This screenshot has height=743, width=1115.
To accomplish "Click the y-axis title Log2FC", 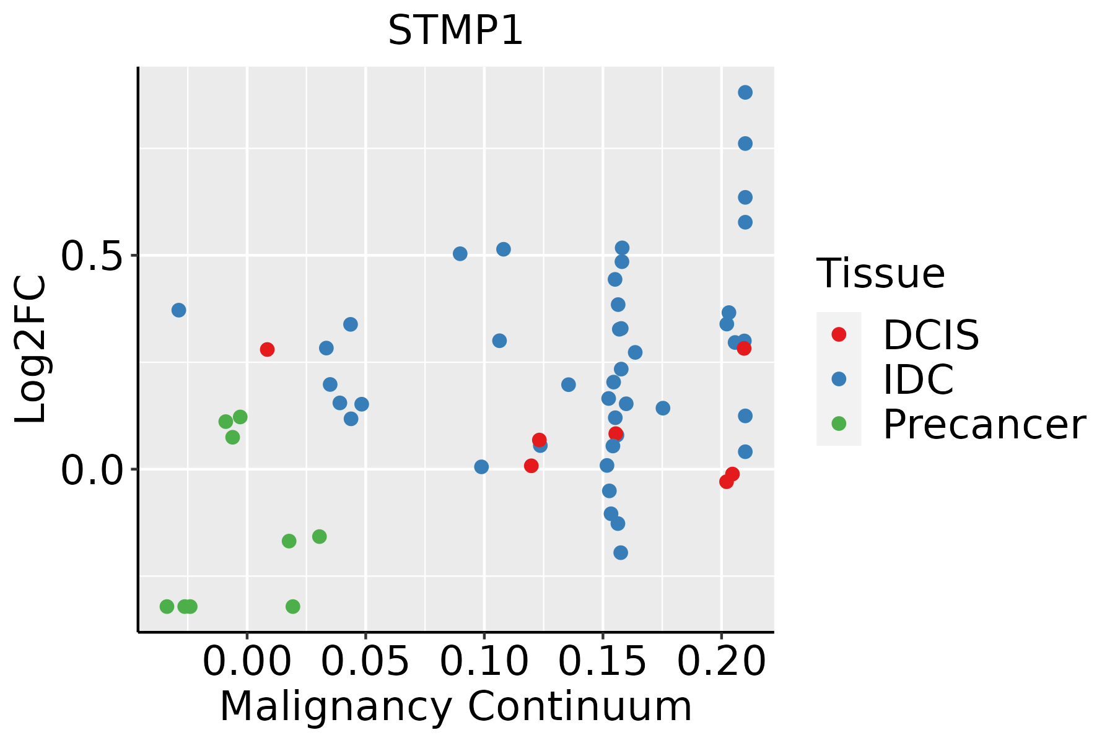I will (31, 350).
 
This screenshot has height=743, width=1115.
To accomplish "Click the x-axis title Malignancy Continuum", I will (455, 706).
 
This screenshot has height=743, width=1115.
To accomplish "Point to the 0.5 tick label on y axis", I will (92, 256).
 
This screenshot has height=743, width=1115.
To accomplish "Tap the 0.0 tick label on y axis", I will (92, 471).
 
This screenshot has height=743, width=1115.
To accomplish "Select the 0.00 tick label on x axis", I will (247, 661).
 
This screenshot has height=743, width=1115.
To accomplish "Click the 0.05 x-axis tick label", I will (365, 661).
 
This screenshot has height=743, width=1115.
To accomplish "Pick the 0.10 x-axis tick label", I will (484, 661).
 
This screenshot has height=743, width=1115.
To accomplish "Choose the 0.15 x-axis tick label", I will (603, 661).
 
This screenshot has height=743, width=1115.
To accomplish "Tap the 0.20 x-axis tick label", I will (722, 661).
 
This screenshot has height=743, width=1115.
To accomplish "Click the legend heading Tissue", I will (880, 273).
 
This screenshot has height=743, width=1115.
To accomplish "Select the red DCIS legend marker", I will (839, 334).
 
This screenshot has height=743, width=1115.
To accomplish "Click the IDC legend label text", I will (918, 380).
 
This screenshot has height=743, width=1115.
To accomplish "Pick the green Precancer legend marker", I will (839, 424).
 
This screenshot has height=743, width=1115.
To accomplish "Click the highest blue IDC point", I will (745, 92).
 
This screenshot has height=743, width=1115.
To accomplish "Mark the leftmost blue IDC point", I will (179, 310).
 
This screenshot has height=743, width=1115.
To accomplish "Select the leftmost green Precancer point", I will (167, 606).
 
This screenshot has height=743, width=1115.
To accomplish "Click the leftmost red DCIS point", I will (267, 349).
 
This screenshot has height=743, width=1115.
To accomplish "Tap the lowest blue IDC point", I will (621, 552).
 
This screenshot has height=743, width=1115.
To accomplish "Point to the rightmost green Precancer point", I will (320, 536).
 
